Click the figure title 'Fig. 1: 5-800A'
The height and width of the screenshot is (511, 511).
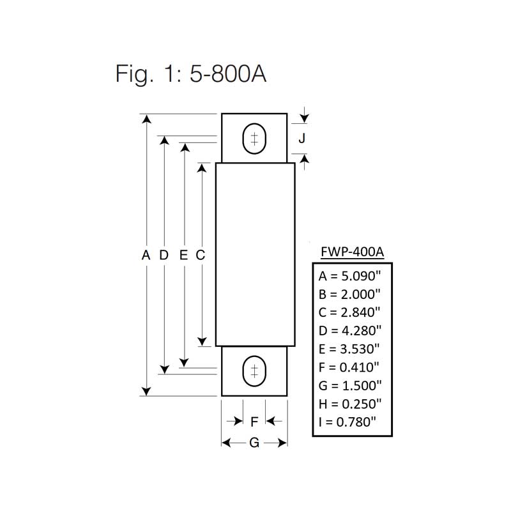pyautogui.click(x=190, y=74)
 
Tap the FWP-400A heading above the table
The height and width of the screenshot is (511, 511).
pyautogui.click(x=352, y=252)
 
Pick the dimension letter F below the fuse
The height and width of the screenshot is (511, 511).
pyautogui.click(x=254, y=422)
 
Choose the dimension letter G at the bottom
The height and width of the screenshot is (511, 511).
pyautogui.click(x=254, y=443)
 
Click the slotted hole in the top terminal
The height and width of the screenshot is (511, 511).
pyautogui.click(x=254, y=139)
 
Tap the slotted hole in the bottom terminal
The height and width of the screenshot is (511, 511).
pyautogui.click(x=254, y=371)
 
